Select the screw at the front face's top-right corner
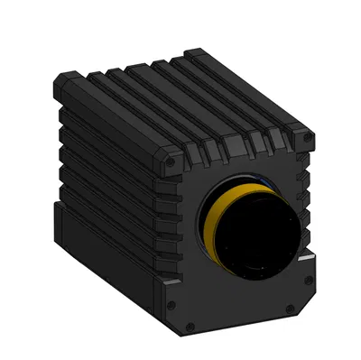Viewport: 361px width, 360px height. point(309,137)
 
